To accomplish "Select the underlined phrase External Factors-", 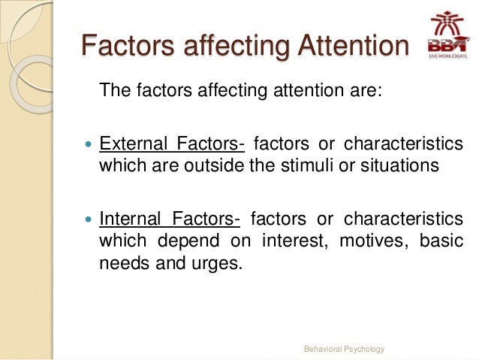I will coord(171,144).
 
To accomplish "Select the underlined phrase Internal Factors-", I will coord(170,219).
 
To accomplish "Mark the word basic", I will coord(441,241).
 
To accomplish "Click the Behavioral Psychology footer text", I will coord(343,349).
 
